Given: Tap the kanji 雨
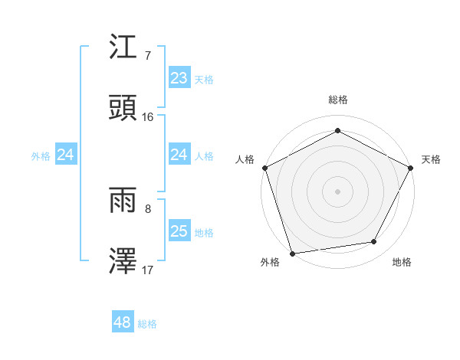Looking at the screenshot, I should (124, 201).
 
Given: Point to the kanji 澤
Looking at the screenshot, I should (124, 261).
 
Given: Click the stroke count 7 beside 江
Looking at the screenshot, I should (147, 56).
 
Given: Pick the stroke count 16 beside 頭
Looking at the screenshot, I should (148, 116).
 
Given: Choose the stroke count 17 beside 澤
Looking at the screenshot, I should (148, 270).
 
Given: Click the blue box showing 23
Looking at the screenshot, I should (179, 78).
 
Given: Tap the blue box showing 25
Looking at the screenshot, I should (179, 231).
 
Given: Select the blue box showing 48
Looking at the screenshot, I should (122, 323).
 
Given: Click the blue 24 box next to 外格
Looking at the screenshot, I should (65, 155).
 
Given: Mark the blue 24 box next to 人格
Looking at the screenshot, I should (179, 155).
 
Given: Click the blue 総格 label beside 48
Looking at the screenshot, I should (147, 324).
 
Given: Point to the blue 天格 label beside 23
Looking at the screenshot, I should (204, 79).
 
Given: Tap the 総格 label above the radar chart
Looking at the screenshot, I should (338, 100).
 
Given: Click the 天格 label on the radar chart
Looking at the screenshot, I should (432, 159).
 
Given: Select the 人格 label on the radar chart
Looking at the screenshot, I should (245, 159).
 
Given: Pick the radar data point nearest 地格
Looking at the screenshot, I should (374, 242).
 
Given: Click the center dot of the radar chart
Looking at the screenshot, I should (337, 191).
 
